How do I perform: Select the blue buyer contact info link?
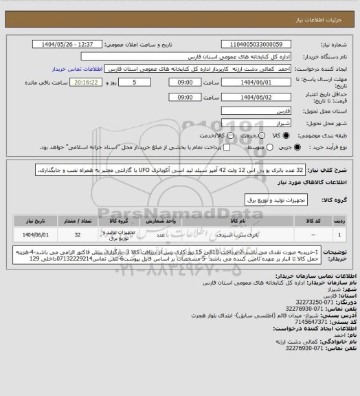80,69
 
